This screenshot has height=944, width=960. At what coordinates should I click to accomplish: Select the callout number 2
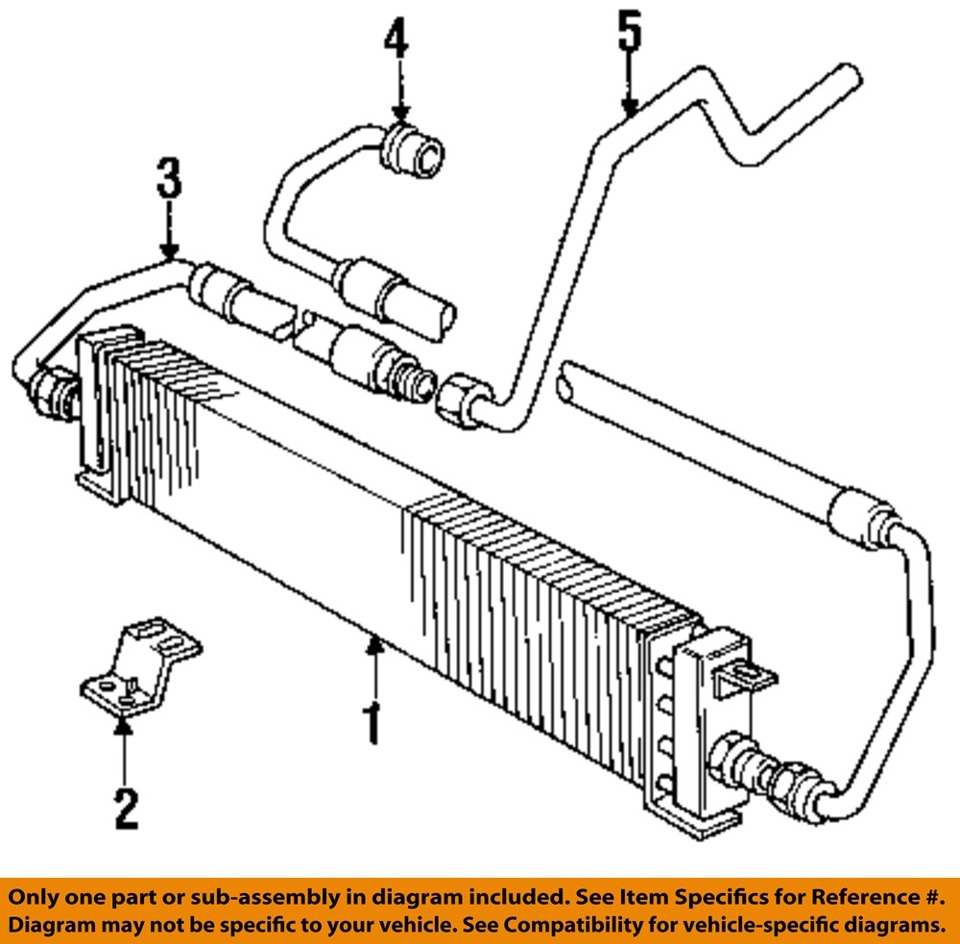126,808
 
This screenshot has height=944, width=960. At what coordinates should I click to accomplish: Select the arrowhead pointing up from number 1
374,645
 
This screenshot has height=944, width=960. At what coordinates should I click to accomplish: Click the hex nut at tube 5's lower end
458,397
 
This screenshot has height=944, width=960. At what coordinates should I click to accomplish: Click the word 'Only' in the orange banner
36,898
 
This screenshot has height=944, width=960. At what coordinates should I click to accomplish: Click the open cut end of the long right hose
566,381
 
